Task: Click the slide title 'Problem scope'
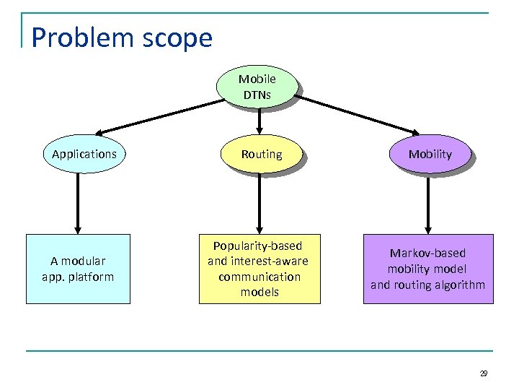122,37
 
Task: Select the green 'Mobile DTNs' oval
257,87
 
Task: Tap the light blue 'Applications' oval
84,154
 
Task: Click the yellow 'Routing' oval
261,154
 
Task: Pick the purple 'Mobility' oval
430,154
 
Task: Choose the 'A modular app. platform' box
78,269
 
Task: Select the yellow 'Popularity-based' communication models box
258,269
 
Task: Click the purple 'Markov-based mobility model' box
427,269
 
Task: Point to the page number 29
483,373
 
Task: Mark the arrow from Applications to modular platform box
77,202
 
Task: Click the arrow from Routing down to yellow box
259,202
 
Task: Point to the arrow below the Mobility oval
428,202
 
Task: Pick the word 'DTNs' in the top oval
257,95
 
